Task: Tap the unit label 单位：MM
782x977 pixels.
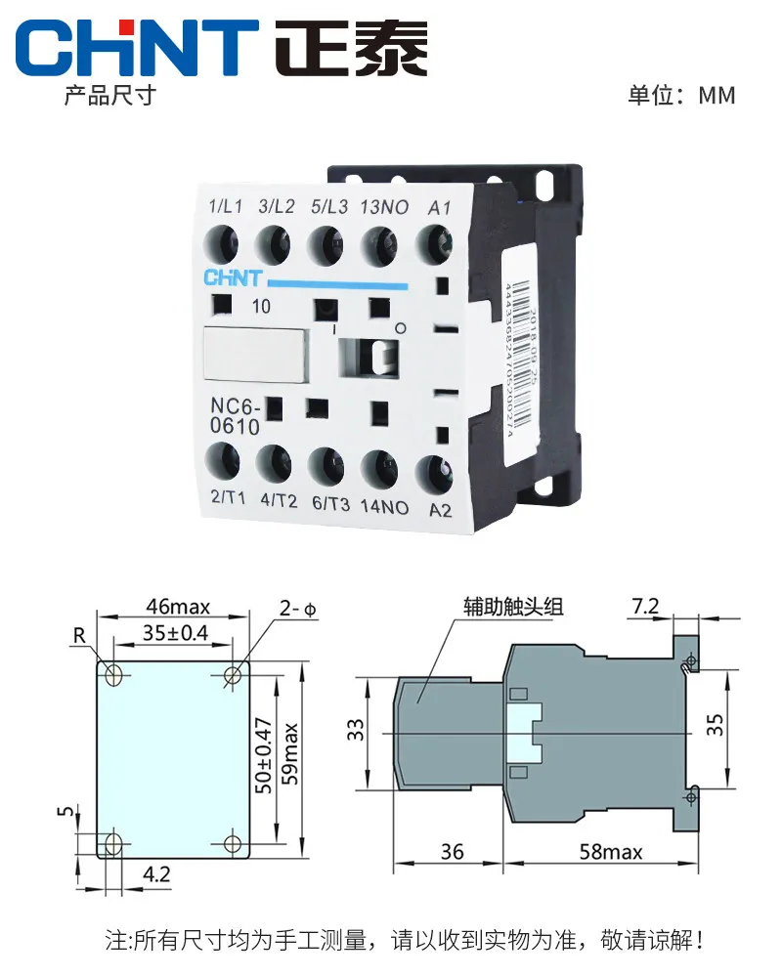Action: [681, 95]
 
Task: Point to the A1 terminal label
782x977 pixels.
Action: [440, 207]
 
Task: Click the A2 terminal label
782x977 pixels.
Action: [440, 509]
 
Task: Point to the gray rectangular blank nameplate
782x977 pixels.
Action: [256, 354]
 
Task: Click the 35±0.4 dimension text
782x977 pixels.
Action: [176, 632]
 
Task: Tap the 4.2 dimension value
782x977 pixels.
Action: [156, 874]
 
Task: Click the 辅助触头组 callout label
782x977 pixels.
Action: [513, 608]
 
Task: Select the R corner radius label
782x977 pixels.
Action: [78, 636]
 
